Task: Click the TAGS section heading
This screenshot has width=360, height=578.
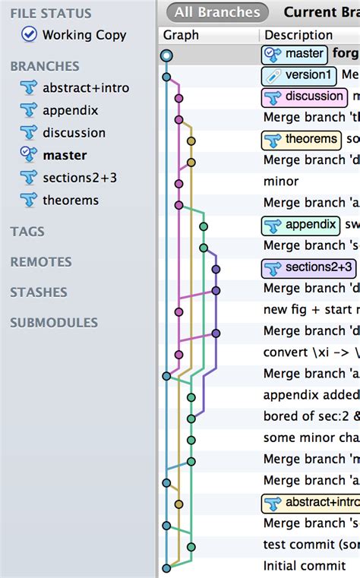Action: pos(27,232)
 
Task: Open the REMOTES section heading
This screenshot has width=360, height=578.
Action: pos(41,262)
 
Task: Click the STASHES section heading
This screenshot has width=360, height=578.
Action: pos(39,292)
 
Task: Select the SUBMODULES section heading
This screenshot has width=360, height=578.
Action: pos(54,323)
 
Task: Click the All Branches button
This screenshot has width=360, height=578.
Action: pos(217,12)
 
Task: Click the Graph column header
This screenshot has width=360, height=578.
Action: pos(181,35)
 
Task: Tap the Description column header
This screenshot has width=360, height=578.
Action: pos(298,35)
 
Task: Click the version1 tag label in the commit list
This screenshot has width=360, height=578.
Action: pos(299,75)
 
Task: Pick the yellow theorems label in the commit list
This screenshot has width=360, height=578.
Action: pos(302,139)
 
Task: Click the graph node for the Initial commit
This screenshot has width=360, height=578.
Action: pos(166,567)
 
